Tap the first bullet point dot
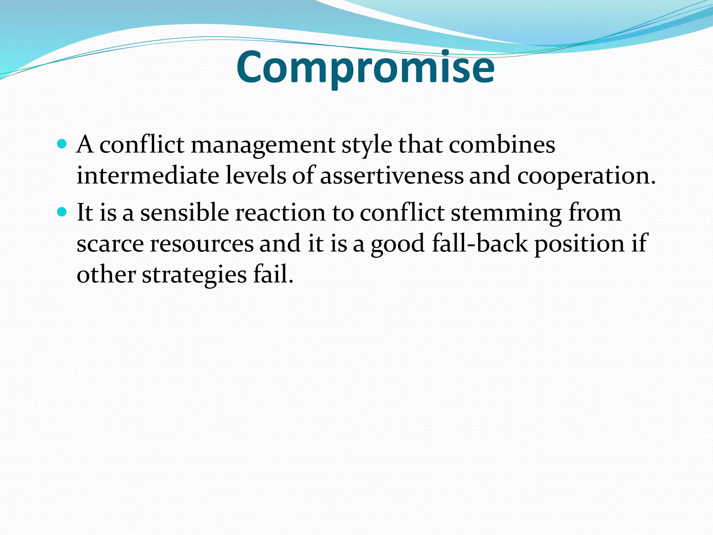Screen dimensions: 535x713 pyautogui.click(x=62, y=144)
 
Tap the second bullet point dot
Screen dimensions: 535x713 pyautogui.click(x=62, y=211)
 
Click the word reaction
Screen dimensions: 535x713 pyautogui.click(x=280, y=213)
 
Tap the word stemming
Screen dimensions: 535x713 pyautogui.click(x=506, y=214)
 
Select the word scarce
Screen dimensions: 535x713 pyautogui.click(x=110, y=244)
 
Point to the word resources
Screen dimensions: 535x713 pyautogui.click(x=202, y=244)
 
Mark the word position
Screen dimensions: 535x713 pyautogui.click(x=580, y=244)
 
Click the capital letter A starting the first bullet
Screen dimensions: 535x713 pyautogui.click(x=85, y=144)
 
